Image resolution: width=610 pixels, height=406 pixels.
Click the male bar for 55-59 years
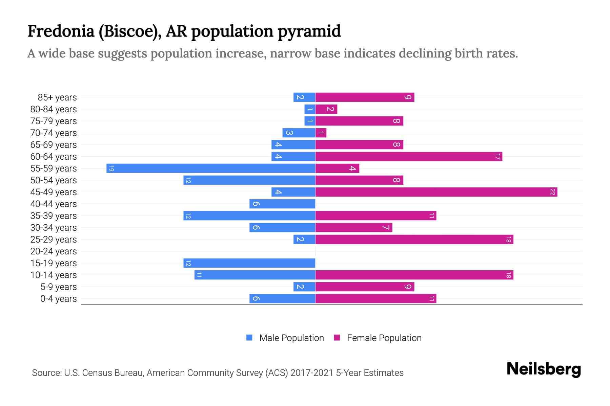pyautogui.click(x=211, y=168)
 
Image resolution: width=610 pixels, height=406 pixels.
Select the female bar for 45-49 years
pyautogui.click(x=436, y=192)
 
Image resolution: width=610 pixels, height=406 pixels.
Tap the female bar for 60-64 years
pyautogui.click(x=409, y=157)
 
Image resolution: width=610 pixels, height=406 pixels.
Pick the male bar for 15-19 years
pyautogui.click(x=249, y=263)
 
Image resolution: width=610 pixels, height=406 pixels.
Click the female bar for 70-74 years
pyautogui.click(x=321, y=133)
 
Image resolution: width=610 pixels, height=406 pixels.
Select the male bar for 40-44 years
pyautogui.click(x=282, y=204)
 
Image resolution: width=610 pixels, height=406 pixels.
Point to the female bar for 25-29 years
pyautogui.click(x=414, y=240)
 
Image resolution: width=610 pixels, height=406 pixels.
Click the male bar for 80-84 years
pyautogui.click(x=310, y=109)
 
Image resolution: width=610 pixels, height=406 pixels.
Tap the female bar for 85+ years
pyautogui.click(x=365, y=97)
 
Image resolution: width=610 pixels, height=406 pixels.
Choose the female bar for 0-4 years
pyautogui.click(x=376, y=299)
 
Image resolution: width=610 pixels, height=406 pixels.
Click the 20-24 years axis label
pyautogui.click(x=54, y=251)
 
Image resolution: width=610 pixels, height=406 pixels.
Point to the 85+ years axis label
pyautogui.click(x=57, y=97)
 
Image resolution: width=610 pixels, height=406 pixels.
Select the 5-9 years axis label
pyautogui.click(x=59, y=287)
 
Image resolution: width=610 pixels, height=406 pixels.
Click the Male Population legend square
pyautogui.click(x=249, y=338)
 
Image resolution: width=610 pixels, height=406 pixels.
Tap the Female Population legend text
pyautogui.click(x=384, y=338)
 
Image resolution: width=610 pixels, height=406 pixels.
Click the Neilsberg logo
pyautogui.click(x=544, y=369)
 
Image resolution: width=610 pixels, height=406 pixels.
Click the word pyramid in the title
pyautogui.click(x=309, y=31)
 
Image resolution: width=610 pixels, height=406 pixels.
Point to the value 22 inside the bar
pyautogui.click(x=552, y=192)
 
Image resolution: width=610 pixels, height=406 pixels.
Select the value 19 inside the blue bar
pyautogui.click(x=111, y=168)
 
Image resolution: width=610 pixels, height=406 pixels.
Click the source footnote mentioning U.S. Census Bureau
pyautogui.click(x=218, y=373)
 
